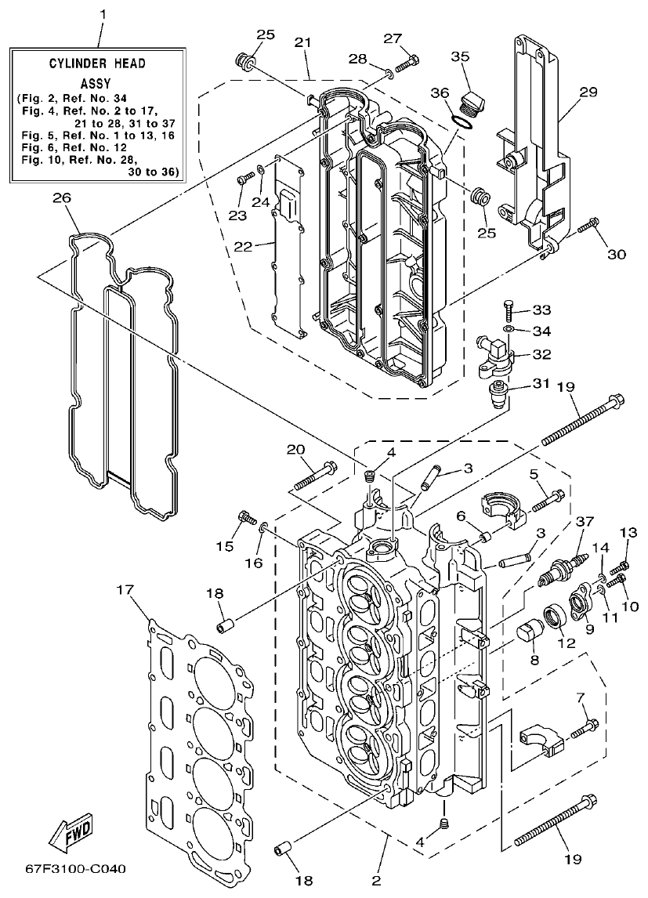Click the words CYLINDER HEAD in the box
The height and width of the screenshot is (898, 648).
tap(99, 63)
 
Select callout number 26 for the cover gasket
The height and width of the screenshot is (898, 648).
tap(61, 198)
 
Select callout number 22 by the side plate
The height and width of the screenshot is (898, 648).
tap(243, 247)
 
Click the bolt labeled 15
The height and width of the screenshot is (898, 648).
tap(247, 518)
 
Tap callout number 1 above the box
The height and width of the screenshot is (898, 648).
tap(101, 14)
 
